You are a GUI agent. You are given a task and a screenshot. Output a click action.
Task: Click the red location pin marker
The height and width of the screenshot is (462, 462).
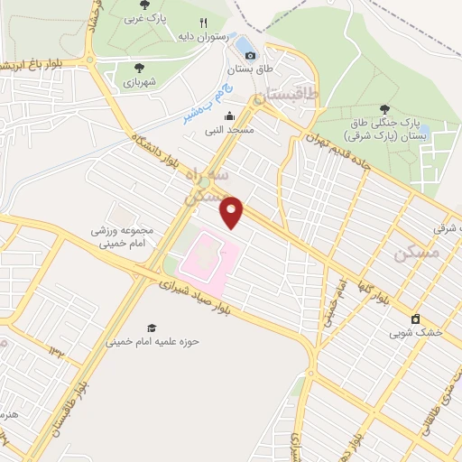(x=233, y=211)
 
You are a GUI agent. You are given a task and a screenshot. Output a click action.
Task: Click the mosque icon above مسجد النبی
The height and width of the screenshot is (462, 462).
(x=229, y=115)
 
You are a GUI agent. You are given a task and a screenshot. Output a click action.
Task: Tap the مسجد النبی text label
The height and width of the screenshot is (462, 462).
(x=229, y=130)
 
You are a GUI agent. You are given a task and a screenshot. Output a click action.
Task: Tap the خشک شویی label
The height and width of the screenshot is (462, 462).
(x=416, y=333)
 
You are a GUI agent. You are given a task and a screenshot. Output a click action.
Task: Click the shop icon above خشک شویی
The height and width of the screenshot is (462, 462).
(x=416, y=319)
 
